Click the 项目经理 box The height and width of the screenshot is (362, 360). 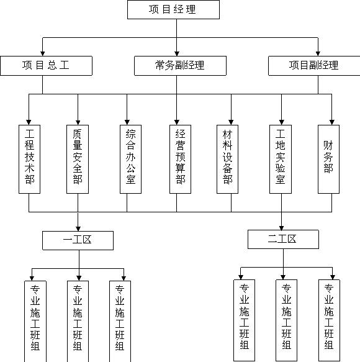coord(173,9)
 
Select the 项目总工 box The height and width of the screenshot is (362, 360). coord(46,66)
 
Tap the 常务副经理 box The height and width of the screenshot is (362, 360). coord(180,66)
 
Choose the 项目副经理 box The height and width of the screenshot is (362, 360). coord(314,66)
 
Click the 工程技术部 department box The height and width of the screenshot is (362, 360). coord(29,160)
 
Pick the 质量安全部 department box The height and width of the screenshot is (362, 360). coord(78,160)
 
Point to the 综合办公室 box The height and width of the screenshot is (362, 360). coord(130,160)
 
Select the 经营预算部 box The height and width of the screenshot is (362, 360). coord(180,160)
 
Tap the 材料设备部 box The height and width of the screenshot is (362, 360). coord(228,160)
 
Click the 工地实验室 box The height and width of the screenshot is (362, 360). coord(281,160)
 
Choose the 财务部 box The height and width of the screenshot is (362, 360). coord(328,160)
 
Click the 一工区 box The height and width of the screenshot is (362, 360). coord(78,240)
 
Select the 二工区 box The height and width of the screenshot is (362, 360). coord(284,240)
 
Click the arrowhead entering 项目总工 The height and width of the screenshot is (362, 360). coord(42,54)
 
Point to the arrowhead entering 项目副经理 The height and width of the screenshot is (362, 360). coord(318,54)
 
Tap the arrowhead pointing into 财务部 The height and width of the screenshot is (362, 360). coord(332,122)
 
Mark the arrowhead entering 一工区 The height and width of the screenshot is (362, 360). coord(78,229)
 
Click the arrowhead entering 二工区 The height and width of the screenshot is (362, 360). coord(281,228)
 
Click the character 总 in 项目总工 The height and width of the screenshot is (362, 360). coord(52,65)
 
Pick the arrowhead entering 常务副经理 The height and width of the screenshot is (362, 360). coord(177,54)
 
